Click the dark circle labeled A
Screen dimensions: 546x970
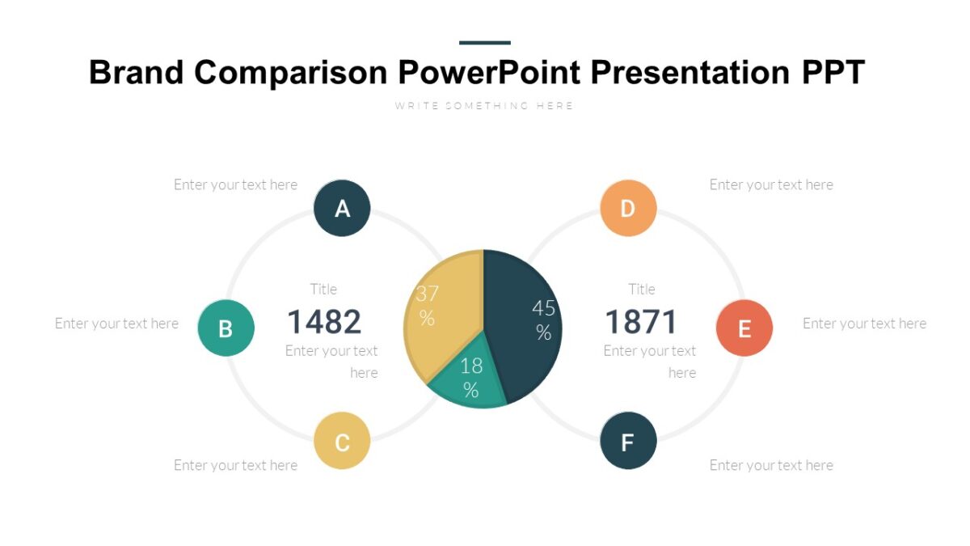tap(342, 208)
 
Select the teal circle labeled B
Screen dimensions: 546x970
tap(226, 328)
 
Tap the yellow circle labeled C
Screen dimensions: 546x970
tap(342, 441)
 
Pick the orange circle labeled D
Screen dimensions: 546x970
tap(628, 208)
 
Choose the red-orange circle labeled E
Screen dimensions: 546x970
tap(744, 328)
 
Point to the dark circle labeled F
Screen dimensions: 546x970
tap(628, 441)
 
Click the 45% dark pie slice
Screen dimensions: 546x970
tap(525, 324)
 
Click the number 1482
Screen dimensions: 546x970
tap(324, 322)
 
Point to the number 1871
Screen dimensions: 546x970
tap(641, 322)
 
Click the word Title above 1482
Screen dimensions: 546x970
tap(323, 289)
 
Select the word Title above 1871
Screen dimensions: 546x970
tap(642, 289)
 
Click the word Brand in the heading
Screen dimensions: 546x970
tap(137, 72)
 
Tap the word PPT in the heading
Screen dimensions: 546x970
tap(833, 72)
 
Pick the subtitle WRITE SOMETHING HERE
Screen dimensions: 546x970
tap(484, 106)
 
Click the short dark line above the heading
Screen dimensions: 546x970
tap(485, 42)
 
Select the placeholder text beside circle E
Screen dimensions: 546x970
tap(864, 324)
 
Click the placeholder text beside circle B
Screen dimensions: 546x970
tap(116, 324)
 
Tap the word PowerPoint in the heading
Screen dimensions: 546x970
tap(489, 72)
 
